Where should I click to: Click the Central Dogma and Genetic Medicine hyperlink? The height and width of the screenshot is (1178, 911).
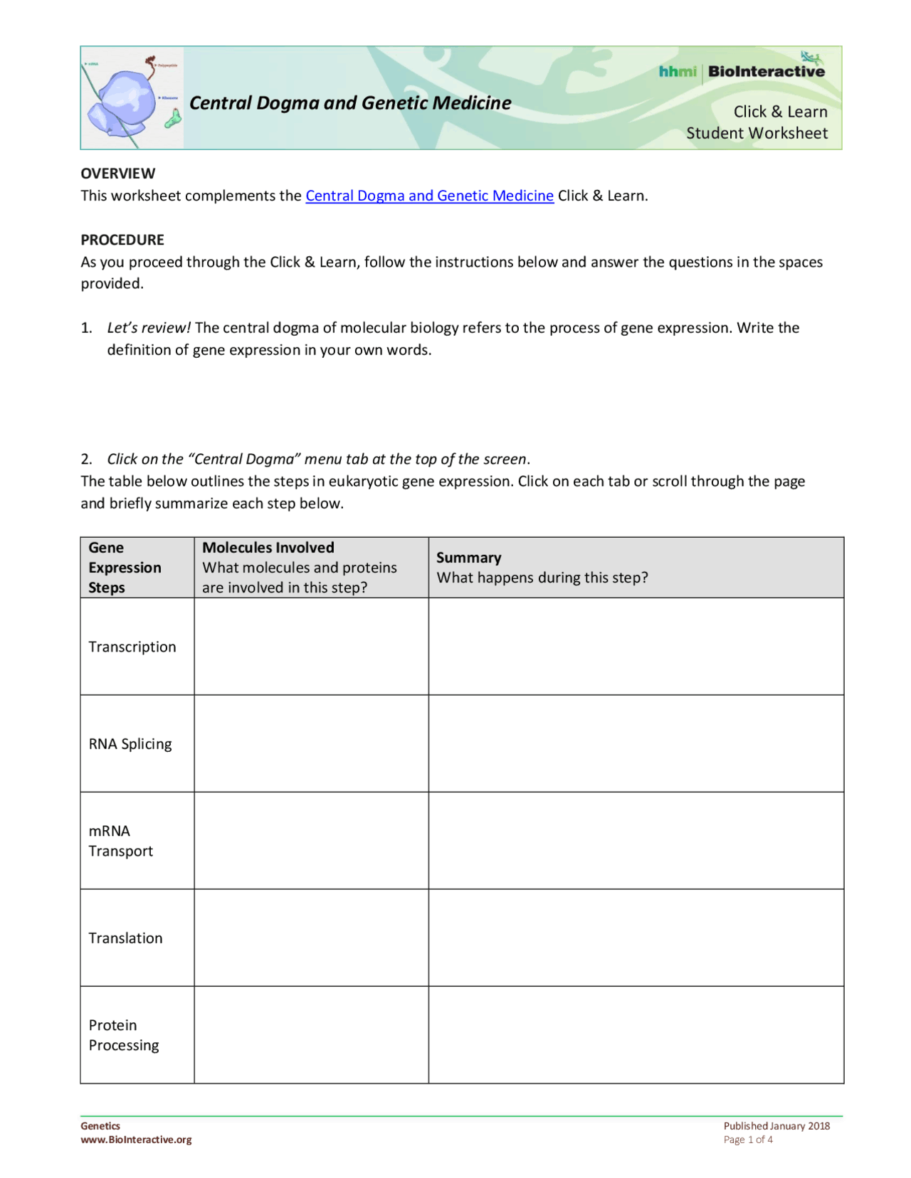pyautogui.click(x=429, y=196)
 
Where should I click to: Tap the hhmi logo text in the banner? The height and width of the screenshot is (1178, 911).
pyautogui.click(x=677, y=71)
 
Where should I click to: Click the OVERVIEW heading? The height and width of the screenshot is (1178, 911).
pyautogui.click(x=117, y=174)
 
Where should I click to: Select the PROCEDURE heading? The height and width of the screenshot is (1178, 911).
pyautogui.click(x=122, y=240)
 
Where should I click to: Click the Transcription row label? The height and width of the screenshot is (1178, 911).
pyautogui.click(x=132, y=647)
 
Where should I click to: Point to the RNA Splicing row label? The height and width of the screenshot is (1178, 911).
pyautogui.click(x=130, y=744)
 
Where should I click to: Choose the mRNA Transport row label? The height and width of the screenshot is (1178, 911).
pyautogui.click(x=120, y=841)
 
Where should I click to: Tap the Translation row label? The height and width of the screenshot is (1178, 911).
pyautogui.click(x=125, y=938)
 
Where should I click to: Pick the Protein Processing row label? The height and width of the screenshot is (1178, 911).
pyautogui.click(x=124, y=1035)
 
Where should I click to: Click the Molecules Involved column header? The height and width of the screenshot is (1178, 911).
pyautogui.click(x=268, y=548)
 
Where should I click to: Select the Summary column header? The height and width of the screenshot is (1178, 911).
pyautogui.click(x=468, y=558)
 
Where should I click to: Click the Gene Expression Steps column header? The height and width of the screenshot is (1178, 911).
pyautogui.click(x=125, y=568)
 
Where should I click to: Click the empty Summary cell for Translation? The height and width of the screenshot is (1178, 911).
pyautogui.click(x=636, y=938)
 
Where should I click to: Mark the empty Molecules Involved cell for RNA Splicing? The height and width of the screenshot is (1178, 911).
pyautogui.click(x=311, y=743)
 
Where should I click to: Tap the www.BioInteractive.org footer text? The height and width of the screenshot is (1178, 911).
pyautogui.click(x=136, y=1140)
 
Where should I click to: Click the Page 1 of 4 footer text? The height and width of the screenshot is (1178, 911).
pyautogui.click(x=747, y=1140)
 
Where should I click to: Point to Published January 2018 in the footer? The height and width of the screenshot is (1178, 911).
pyautogui.click(x=776, y=1126)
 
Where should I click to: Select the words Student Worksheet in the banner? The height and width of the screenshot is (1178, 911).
pyautogui.click(x=757, y=133)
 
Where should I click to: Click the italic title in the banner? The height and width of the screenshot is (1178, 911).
pyautogui.click(x=350, y=103)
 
